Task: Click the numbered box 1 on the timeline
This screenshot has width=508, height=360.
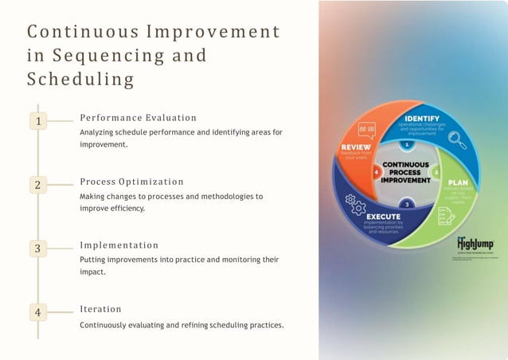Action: coord(37,120)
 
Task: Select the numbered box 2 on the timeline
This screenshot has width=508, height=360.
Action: coord(37,185)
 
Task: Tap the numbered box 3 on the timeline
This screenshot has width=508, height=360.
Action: coord(37,249)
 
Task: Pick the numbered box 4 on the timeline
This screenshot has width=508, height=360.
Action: coord(37,312)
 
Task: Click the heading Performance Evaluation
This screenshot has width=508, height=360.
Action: coord(138,118)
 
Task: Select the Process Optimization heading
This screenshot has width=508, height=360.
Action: coord(131,182)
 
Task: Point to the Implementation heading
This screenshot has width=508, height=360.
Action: coord(119,245)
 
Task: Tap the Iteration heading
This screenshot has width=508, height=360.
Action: coord(100,309)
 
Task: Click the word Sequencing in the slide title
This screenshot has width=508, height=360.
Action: coord(112,56)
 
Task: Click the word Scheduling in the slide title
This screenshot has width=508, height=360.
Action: coord(80,80)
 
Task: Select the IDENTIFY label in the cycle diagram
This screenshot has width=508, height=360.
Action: coord(416,119)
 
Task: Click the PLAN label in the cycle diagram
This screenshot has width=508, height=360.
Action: coord(458,182)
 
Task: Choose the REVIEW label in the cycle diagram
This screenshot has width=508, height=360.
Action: coord(355,147)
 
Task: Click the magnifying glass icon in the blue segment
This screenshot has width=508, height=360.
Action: coord(457,140)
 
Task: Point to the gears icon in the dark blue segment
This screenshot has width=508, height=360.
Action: coord(357,208)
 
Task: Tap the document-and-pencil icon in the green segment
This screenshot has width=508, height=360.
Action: coord(446,216)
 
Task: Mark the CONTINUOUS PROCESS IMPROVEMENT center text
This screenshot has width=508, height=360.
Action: coord(406,172)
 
